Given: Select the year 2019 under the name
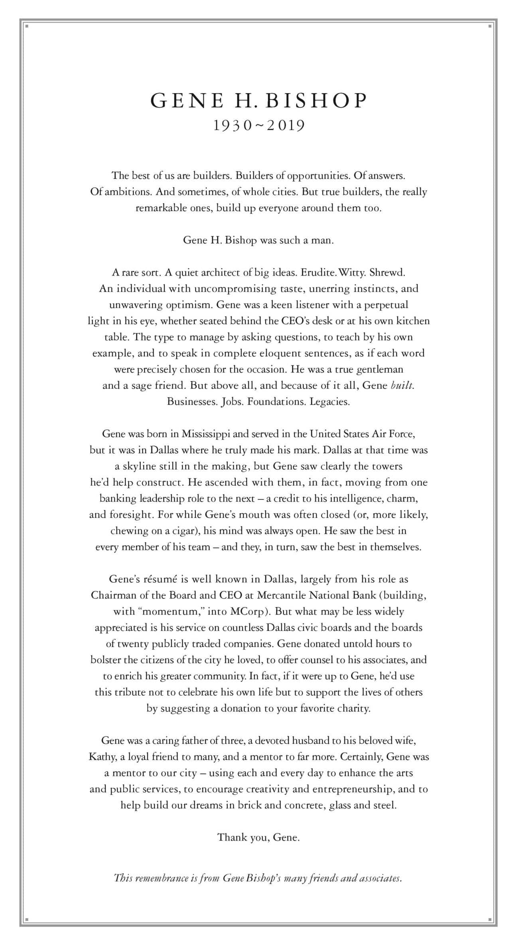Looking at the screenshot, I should [x=286, y=126].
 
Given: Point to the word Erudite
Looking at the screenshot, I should [x=318, y=273].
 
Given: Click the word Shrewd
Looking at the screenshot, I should [x=387, y=273].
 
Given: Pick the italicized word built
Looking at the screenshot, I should [x=402, y=385].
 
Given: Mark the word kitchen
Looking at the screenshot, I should [x=410, y=321].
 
